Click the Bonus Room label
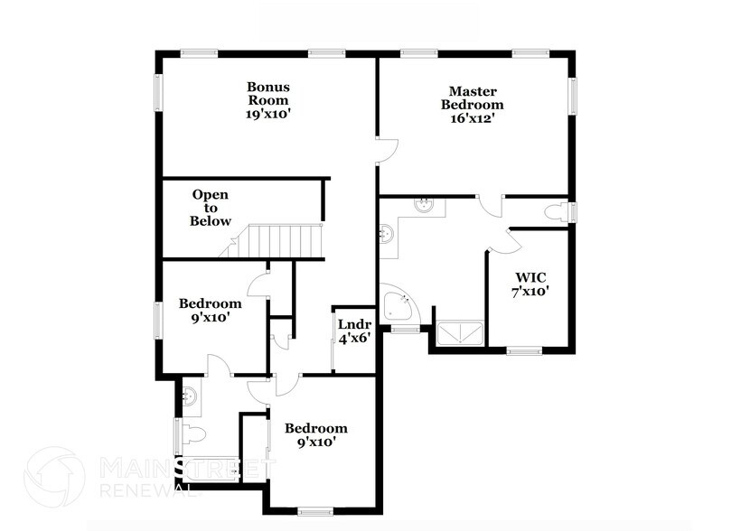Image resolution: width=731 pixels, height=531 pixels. [x=268, y=100]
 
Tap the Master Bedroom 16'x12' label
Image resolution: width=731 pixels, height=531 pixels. [x=471, y=104]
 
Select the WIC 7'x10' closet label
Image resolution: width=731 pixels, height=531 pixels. [x=531, y=284]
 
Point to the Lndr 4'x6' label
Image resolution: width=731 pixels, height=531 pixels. [x=353, y=331]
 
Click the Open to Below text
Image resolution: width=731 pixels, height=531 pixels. [x=210, y=208]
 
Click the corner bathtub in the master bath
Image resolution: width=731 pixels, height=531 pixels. [x=398, y=305]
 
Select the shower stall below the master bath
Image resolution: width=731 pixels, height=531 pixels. [x=461, y=333]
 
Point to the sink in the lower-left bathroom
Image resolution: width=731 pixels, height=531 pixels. [x=191, y=395]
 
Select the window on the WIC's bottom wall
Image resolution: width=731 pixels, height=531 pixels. [x=523, y=350]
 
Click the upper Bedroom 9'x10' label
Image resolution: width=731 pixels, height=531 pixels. [x=210, y=310]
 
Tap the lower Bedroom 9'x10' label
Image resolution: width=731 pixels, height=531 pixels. [x=315, y=434]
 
